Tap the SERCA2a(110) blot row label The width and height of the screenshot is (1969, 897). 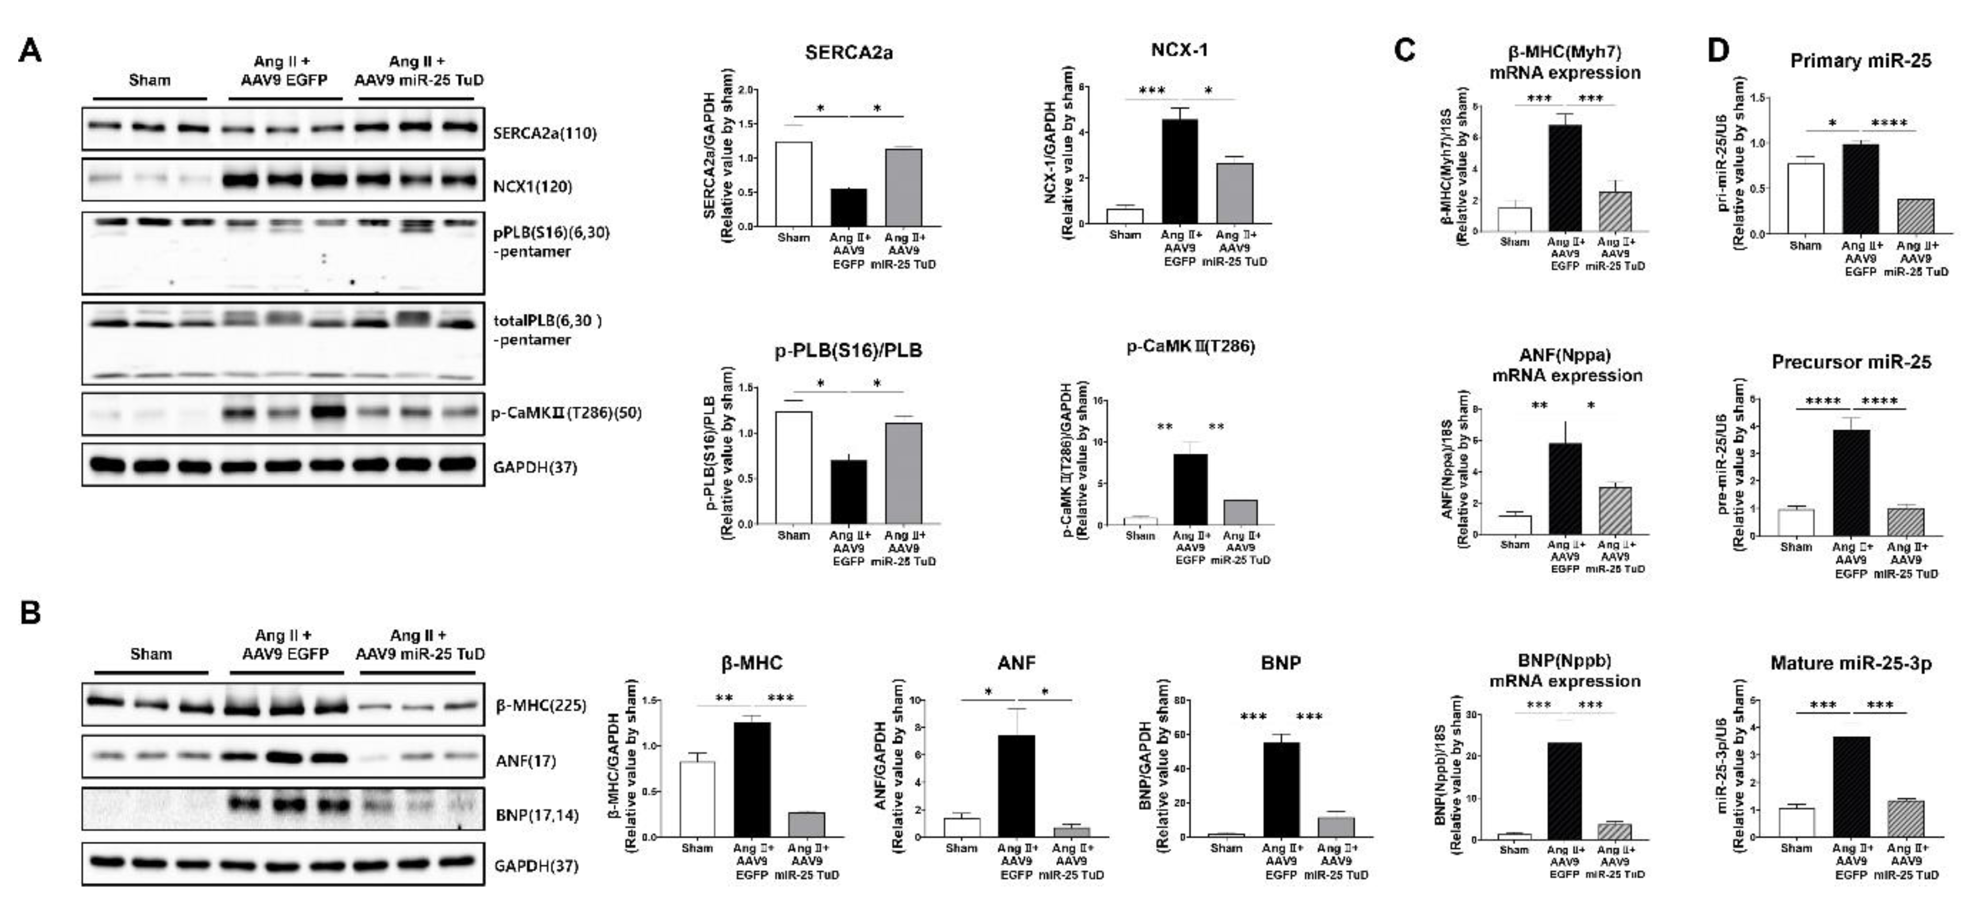click(x=544, y=133)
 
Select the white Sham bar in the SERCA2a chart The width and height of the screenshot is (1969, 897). click(x=793, y=184)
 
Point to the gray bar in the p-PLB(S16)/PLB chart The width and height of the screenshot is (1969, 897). click(x=903, y=473)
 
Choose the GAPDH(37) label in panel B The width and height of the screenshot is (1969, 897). click(x=536, y=866)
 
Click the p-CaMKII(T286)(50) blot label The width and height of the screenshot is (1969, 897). click(x=566, y=413)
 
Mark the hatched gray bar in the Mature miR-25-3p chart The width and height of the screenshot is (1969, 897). click(x=1906, y=819)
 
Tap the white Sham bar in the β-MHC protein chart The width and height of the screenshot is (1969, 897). click(x=697, y=799)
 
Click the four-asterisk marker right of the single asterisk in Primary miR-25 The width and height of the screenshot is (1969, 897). click(x=1889, y=122)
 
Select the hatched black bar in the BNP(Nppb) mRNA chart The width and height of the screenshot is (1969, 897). click(x=1564, y=791)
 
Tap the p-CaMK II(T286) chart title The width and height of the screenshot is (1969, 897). click(x=1191, y=347)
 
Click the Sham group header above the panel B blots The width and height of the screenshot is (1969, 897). click(x=151, y=654)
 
